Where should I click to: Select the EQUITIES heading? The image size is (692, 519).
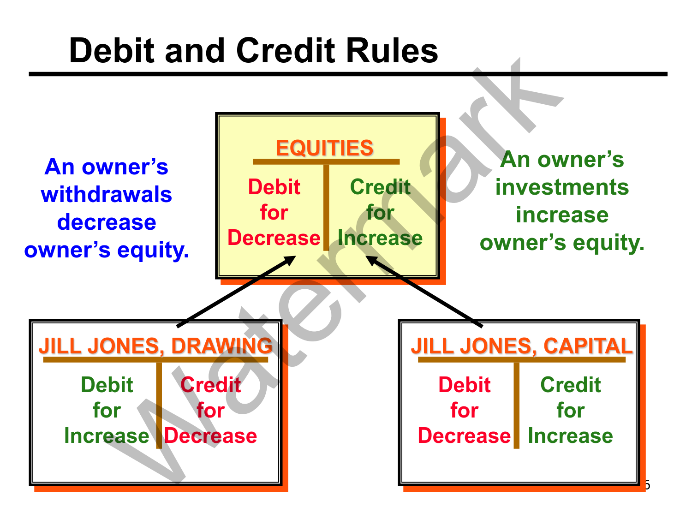click(x=324, y=148)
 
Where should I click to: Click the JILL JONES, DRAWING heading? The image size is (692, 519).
click(x=155, y=346)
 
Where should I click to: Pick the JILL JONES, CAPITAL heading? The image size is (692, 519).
click(x=521, y=346)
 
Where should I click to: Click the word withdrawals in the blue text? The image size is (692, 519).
click(x=107, y=195)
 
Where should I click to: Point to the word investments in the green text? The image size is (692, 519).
click(x=562, y=187)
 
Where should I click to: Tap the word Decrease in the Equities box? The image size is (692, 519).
click(x=274, y=238)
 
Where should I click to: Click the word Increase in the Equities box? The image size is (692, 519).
click(x=380, y=238)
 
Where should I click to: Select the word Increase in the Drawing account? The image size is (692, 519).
click(x=107, y=436)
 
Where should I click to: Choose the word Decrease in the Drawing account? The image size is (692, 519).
click(x=211, y=436)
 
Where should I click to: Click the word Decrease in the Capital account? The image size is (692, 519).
click(x=464, y=436)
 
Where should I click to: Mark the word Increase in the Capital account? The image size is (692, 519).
click(x=570, y=436)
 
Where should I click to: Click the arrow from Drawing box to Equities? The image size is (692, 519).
click(x=235, y=292)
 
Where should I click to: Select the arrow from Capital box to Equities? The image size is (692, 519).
click(x=424, y=292)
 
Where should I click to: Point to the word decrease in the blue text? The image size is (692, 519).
click(x=107, y=222)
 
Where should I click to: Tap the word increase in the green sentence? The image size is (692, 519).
click(x=562, y=215)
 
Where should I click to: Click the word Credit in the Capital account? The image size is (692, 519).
click(x=570, y=385)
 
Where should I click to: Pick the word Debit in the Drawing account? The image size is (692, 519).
click(x=107, y=385)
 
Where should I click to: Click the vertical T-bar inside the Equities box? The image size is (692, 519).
click(x=326, y=208)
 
